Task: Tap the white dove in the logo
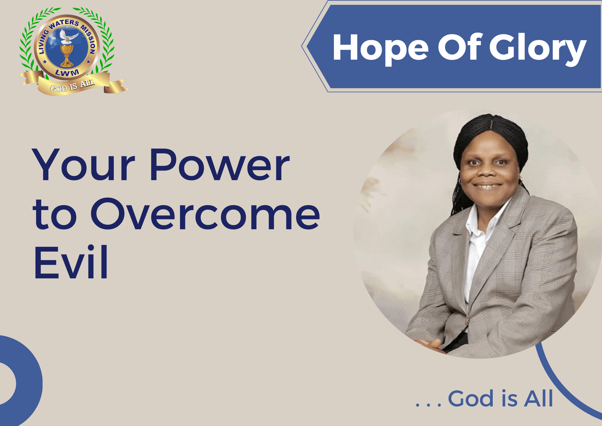[68, 36]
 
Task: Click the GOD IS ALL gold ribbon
[73, 84]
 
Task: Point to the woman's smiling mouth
[487, 186]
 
